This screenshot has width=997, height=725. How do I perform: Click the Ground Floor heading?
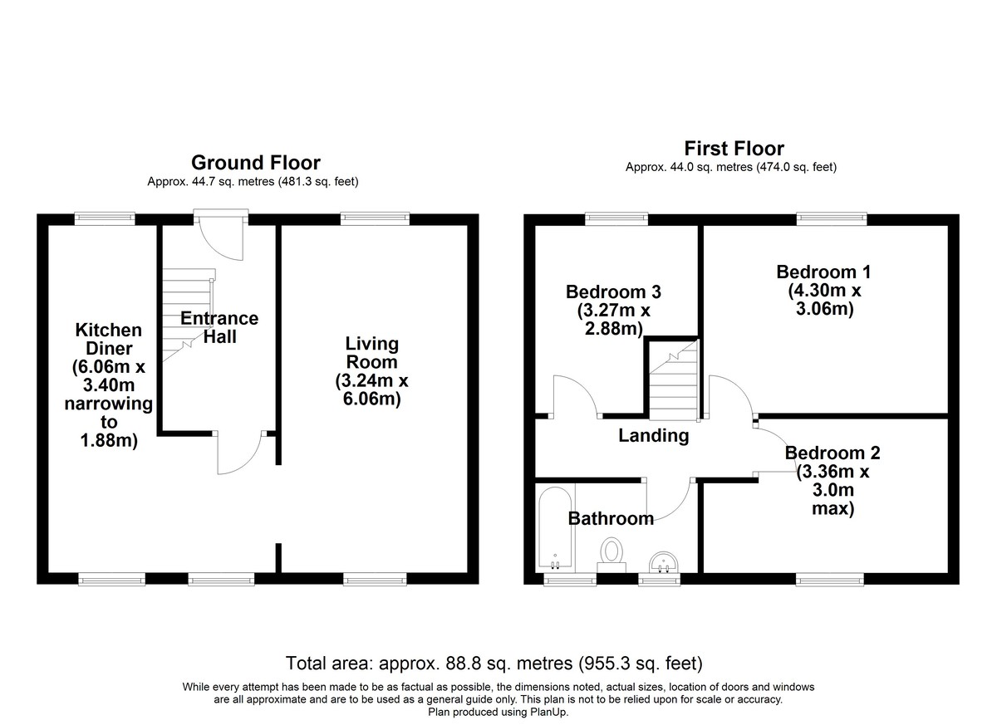pos(256,163)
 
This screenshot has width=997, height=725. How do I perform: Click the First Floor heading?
pos(734,149)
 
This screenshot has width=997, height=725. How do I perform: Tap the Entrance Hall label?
pos(219,327)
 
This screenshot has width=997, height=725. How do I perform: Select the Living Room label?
pos(371,353)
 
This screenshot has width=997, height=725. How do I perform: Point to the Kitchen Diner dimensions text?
pos(109,404)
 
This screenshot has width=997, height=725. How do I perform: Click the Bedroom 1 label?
pos(823,272)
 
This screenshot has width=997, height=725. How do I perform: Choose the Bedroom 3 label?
pos(613,291)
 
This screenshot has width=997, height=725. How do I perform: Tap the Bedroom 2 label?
pos(832,453)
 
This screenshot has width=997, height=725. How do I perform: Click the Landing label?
pos(653,435)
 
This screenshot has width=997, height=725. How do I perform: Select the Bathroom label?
pos(611,518)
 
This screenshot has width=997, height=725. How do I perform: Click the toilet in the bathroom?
pos(611,555)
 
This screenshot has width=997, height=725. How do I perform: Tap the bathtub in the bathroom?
pos(555,528)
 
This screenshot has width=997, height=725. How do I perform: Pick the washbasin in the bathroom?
pos(664,562)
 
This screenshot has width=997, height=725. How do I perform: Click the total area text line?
pos(494,664)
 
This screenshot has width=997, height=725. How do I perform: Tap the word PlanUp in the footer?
pos(548,712)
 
